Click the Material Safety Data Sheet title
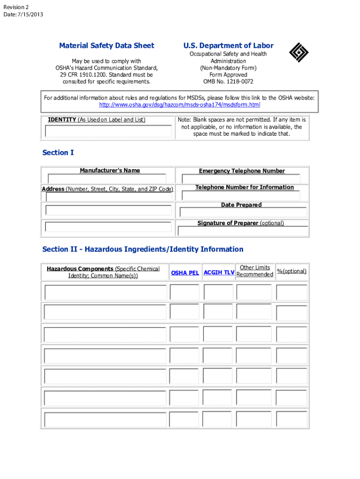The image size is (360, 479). coord(107,46)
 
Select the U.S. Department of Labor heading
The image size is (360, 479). coord(228,46)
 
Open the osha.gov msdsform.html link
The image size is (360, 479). coord(180,105)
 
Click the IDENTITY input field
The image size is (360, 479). coord(108,131)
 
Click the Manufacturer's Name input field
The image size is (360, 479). coord(107,179)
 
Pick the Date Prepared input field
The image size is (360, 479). coord(242,212)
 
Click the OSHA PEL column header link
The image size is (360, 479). coord(185,273)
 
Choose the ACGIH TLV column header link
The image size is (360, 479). coord(219,272)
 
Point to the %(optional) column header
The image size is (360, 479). coord(292,271)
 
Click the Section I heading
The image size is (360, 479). coord(58,153)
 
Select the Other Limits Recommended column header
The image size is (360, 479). coord(255,271)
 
